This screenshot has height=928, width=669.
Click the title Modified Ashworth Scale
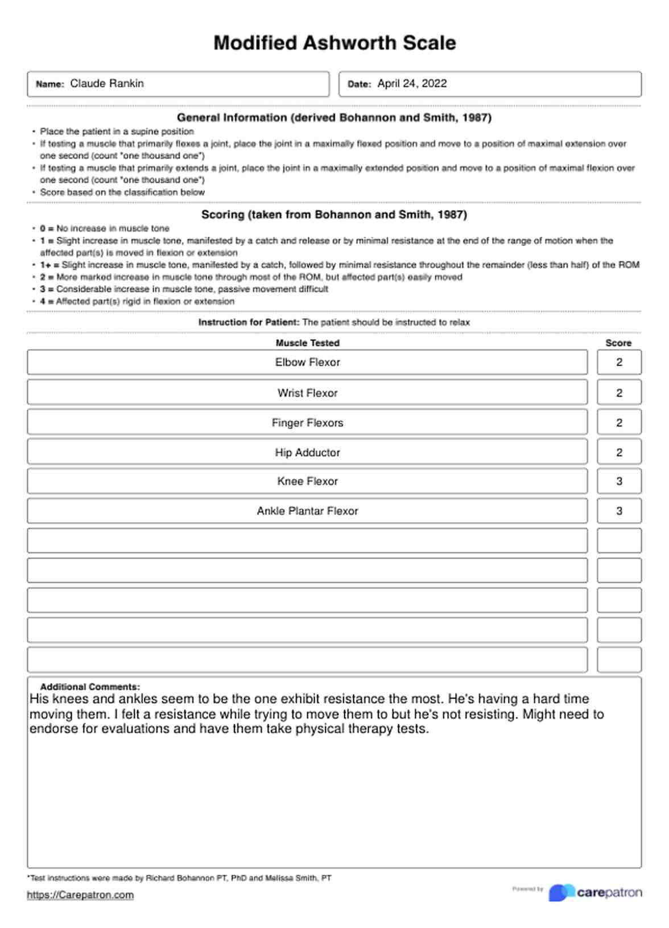(334, 43)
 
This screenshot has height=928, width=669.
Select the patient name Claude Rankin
(107, 84)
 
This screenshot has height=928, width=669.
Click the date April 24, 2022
(412, 84)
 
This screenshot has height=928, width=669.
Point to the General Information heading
(334, 118)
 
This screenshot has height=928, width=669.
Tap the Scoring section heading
(334, 215)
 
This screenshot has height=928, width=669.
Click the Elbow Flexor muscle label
(307, 362)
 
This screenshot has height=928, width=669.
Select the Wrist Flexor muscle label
(307, 393)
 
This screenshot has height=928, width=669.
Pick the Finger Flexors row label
(307, 423)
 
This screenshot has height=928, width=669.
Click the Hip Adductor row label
(307, 453)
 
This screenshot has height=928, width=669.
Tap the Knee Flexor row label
(307, 481)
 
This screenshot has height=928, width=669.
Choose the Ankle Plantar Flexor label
(307, 511)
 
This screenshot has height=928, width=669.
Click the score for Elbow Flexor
(619, 362)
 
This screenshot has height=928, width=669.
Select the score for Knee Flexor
(619, 481)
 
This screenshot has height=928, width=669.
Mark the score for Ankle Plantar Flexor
(619, 511)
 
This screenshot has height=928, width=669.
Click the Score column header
(618, 343)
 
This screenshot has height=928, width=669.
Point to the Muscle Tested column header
(307, 343)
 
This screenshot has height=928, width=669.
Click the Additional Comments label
(90, 687)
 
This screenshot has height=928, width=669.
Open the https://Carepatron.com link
(80, 895)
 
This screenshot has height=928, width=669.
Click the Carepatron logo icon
(561, 893)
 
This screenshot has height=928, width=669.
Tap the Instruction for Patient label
(249, 322)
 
